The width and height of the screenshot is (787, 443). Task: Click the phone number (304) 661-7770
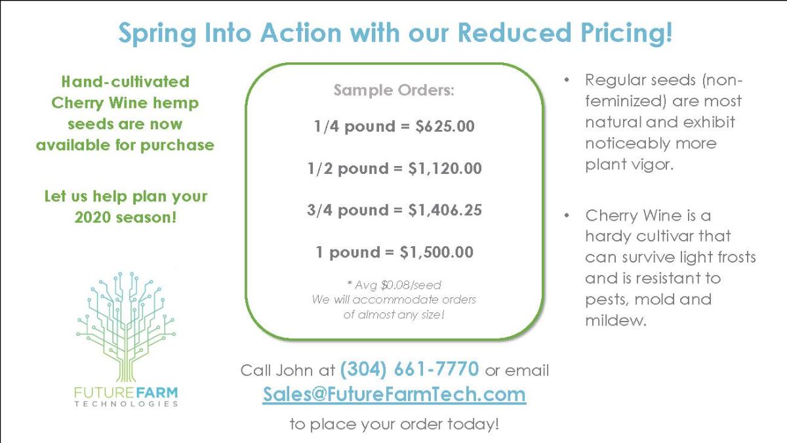(x=409, y=369)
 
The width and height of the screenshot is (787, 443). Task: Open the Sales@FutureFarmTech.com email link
(x=394, y=394)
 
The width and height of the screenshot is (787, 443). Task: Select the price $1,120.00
(x=445, y=168)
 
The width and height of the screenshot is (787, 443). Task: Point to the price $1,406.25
(x=445, y=210)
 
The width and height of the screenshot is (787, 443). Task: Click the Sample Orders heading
(x=393, y=90)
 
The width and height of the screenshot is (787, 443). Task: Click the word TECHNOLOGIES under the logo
(x=125, y=404)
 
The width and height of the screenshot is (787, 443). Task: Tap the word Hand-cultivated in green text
(x=125, y=82)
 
